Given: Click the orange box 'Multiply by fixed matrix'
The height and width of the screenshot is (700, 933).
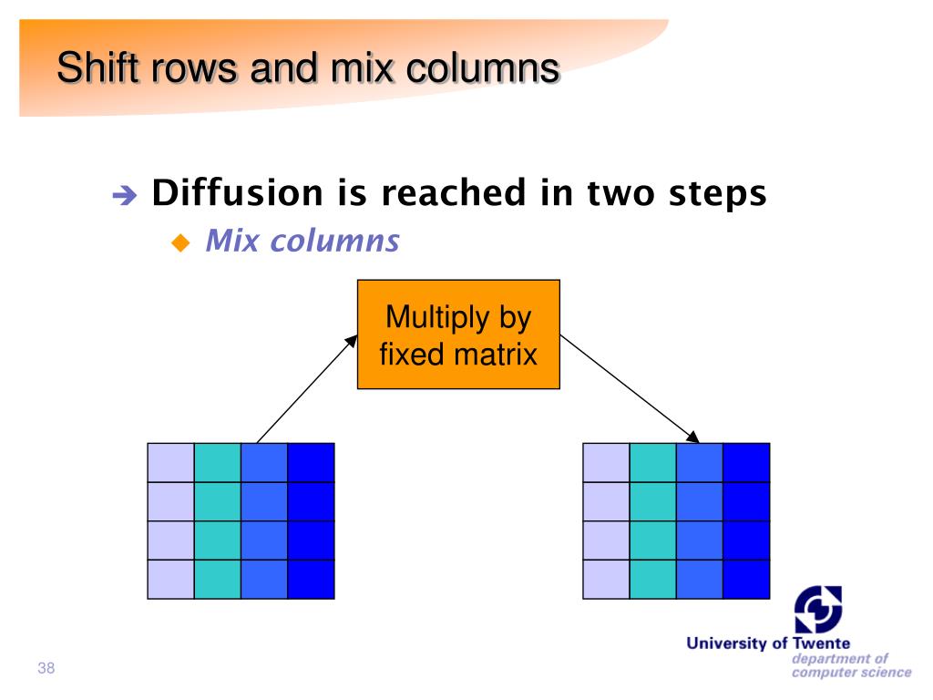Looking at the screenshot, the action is [457, 335].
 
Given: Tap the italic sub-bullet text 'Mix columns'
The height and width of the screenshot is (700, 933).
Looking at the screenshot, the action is [302, 242].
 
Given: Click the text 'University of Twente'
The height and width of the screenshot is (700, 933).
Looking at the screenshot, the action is [768, 644].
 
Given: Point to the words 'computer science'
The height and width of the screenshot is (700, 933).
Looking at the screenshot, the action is [851, 673].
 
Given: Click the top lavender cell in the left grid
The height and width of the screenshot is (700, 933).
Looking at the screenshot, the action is [170, 462].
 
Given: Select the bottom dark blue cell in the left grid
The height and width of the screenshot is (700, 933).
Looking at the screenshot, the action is [311, 579].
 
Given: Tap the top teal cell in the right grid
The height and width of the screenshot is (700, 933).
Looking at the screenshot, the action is [652, 462].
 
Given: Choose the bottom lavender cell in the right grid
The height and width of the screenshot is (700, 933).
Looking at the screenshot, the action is [606, 579].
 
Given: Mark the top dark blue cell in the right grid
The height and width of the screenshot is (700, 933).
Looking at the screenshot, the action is [746, 462].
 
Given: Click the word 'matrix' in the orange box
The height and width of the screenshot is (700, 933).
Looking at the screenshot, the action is [497, 353].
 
